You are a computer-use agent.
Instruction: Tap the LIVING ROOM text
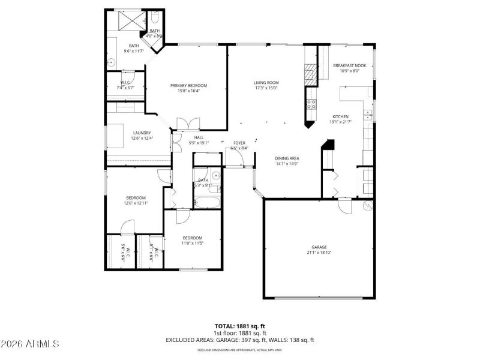(266, 83)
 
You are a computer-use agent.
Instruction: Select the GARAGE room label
(319, 247)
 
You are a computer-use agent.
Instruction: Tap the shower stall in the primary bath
(129, 20)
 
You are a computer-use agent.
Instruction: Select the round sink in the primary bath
(110, 61)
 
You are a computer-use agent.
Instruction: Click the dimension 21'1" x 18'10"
(319, 253)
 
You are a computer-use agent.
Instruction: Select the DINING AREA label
(287, 158)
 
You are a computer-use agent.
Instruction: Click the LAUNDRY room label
(142, 133)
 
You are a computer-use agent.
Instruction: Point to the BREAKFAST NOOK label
(349, 65)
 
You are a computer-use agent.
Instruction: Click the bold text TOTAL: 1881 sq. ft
(240, 326)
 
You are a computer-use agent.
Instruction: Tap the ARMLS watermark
(30, 344)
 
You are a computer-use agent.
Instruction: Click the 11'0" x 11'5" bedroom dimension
(193, 244)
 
